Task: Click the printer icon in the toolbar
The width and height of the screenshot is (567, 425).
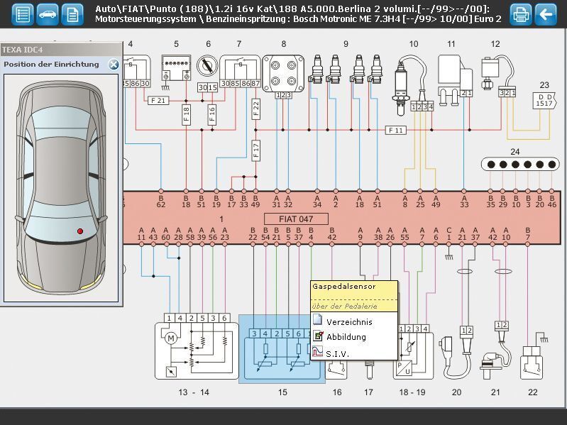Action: click(x=521, y=13)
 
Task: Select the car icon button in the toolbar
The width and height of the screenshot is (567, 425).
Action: click(x=48, y=13)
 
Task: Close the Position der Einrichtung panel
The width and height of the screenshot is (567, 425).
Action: click(x=114, y=65)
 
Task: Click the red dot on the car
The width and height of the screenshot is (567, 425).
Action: click(x=80, y=231)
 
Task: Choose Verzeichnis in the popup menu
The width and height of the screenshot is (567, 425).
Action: click(x=348, y=321)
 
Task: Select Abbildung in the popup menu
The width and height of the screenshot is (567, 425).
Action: click(x=346, y=337)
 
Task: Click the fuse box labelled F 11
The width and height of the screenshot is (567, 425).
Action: click(x=395, y=130)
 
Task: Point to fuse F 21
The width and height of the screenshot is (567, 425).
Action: click(x=158, y=101)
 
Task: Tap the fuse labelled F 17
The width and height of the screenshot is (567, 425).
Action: click(x=256, y=149)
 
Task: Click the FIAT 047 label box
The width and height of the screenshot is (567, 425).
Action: click(x=297, y=219)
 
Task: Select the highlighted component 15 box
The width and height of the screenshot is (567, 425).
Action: click(x=281, y=349)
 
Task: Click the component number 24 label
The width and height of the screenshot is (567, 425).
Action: click(x=514, y=152)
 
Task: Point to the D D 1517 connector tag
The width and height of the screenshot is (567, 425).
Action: click(x=544, y=100)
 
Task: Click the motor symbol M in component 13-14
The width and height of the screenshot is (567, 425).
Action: click(x=170, y=337)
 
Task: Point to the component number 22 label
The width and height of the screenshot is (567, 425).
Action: click(x=533, y=392)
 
